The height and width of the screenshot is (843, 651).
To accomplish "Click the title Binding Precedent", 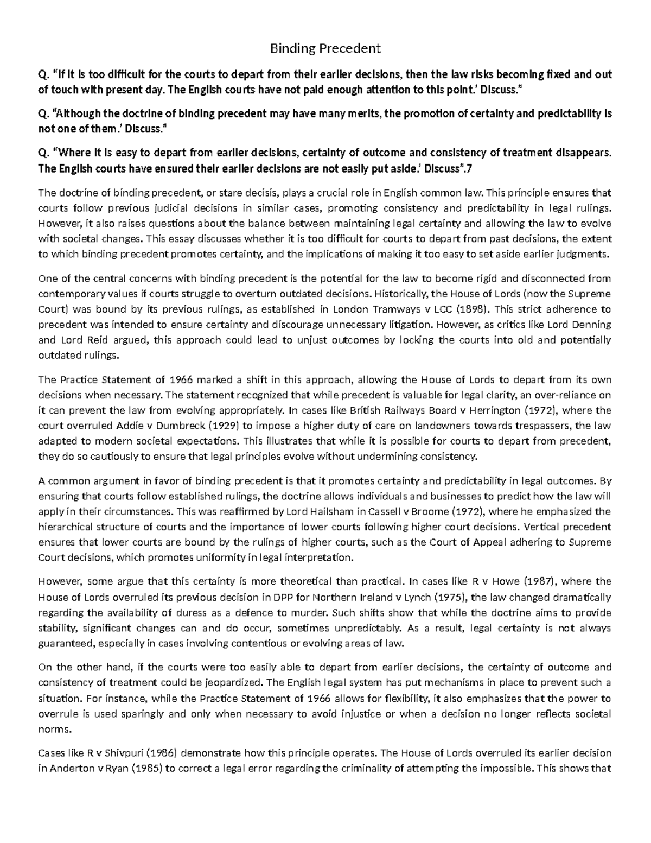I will click(325, 49).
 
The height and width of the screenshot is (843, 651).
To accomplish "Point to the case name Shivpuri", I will click(124, 753).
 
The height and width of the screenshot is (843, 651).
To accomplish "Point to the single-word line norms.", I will click(51, 730).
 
